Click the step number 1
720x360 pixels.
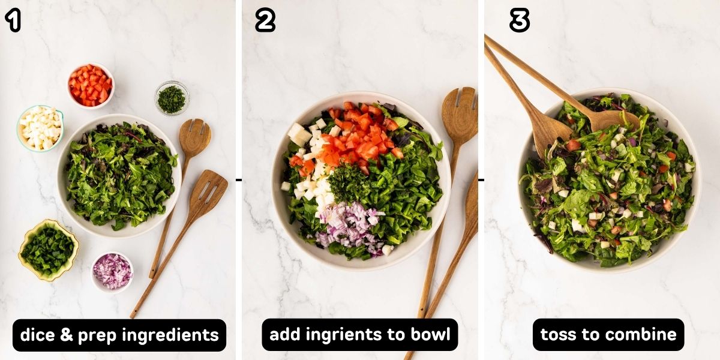[13, 21]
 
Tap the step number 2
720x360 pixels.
[265, 21]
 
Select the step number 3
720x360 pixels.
[519, 21]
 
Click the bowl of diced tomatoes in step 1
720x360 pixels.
[90, 85]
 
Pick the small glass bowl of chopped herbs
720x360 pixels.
[172, 98]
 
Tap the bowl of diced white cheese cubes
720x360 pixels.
[40, 127]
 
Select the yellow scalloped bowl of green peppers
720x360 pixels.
[49, 250]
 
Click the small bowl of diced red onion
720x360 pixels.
[112, 272]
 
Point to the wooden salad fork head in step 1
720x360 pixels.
[195, 137]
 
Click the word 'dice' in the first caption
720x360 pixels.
[38, 335]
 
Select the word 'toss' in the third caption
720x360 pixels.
[557, 335]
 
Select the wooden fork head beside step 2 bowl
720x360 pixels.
[460, 114]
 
